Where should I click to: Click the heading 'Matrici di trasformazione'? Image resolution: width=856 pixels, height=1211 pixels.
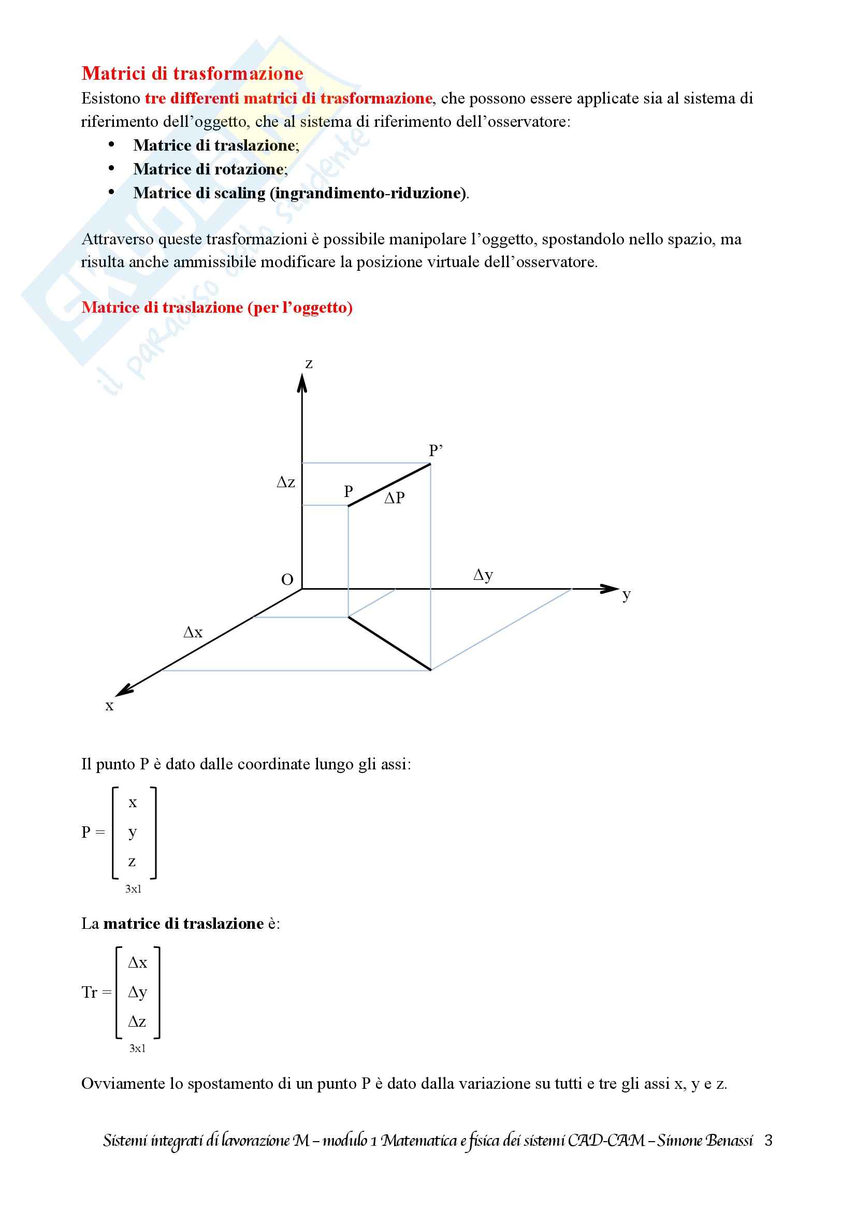pos(193,74)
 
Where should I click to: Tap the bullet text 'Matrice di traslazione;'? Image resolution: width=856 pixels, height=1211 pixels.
pos(216,145)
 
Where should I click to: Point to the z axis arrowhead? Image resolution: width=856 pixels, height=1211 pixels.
pos(302,383)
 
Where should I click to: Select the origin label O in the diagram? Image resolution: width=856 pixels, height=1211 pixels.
pos(287,580)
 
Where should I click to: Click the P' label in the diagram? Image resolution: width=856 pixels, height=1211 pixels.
pos(435,450)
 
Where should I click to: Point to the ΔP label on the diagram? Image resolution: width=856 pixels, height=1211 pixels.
pos(395,498)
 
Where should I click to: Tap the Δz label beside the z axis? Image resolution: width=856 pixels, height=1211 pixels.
pos(286,482)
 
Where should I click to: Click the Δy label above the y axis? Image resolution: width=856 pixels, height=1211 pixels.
pos(483,574)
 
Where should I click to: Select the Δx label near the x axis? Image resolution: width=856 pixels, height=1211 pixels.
pos(193,632)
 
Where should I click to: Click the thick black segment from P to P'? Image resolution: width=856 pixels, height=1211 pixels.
pos(389,485)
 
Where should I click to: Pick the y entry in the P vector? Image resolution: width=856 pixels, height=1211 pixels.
pos(133,833)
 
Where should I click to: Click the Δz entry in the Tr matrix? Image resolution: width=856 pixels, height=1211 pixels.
pos(137,1022)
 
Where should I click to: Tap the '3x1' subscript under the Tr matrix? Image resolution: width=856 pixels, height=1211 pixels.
pos(137,1048)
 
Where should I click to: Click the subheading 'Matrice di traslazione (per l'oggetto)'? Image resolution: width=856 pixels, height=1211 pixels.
pos(217,308)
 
